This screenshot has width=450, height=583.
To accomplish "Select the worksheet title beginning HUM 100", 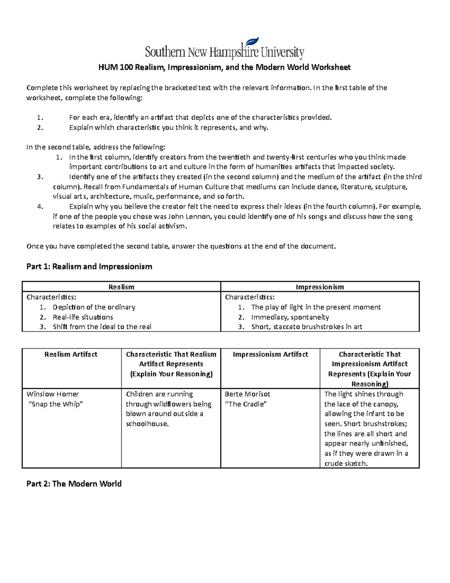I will click(224, 68).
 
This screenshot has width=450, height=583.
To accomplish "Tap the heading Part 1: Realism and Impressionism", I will click(89, 267).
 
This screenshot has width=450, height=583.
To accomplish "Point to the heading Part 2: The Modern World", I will click(74, 484).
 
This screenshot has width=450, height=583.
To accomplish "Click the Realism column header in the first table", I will click(121, 287).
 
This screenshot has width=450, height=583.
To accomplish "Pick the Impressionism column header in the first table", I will click(319, 287).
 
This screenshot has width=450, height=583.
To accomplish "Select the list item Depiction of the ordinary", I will click(94, 307).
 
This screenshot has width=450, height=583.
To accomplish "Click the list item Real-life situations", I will click(83, 317).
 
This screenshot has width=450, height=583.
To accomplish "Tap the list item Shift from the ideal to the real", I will click(102, 327).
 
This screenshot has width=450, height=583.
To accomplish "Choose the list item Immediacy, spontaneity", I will click(290, 317).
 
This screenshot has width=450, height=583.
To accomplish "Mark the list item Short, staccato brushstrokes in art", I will click(306, 327).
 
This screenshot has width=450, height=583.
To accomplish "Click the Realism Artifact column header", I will click(71, 354).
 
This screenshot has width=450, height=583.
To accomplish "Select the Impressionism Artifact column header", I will click(270, 354).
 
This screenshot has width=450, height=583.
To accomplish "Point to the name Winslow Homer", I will click(53, 394).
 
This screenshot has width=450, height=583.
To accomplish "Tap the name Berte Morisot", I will click(247, 394).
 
